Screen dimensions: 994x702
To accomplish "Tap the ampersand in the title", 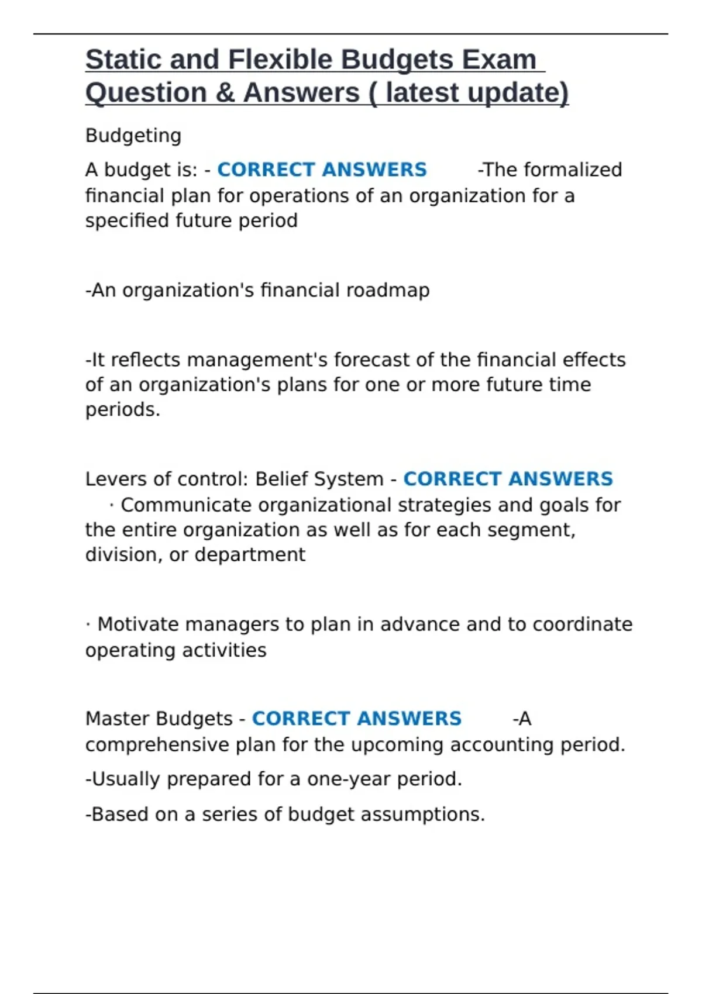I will coord(225,93).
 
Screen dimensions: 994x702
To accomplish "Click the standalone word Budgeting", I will coord(133,136).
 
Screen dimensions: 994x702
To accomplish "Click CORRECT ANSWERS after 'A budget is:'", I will coord(322,170).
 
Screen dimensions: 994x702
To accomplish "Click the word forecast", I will coord(372,360).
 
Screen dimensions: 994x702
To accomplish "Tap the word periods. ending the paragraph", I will coord(123,410).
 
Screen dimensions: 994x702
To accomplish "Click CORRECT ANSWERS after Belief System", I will coord(508,479).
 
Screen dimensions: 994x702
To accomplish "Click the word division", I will coord(122,554).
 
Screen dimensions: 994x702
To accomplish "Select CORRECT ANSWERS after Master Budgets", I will coord(356,719).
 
